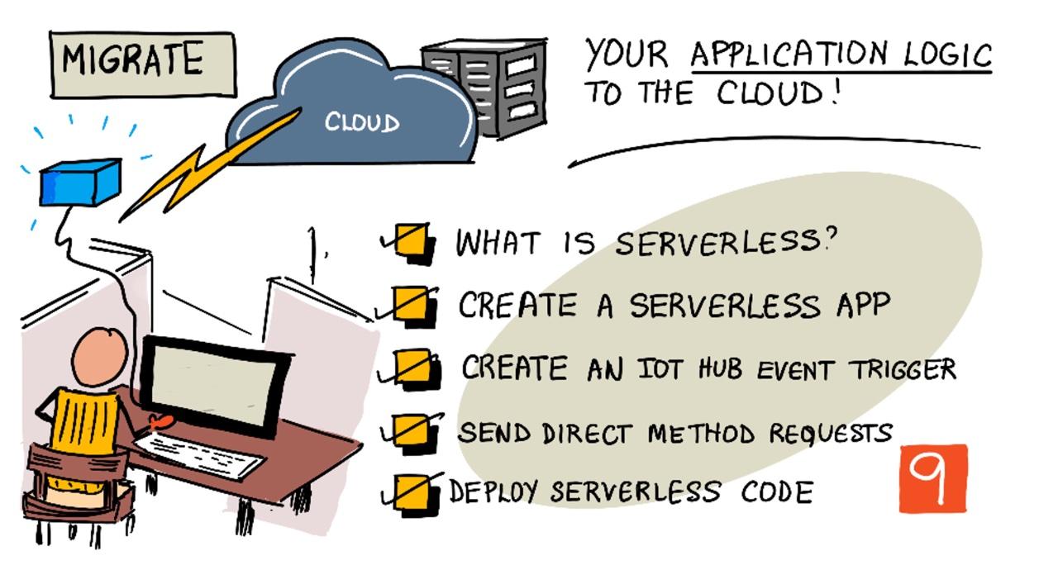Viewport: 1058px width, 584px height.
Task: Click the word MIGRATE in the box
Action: [x=133, y=59]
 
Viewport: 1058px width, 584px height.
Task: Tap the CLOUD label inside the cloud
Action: [x=362, y=123]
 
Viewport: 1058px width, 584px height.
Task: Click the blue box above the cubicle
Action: [x=80, y=183]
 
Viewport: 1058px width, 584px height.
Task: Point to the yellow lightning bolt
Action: [x=207, y=165]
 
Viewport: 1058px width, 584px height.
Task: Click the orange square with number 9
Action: [x=933, y=478]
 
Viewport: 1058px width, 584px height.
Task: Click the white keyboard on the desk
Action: [x=198, y=456]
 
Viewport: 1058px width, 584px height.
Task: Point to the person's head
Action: [x=100, y=358]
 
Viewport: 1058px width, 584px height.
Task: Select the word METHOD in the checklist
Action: [x=702, y=434]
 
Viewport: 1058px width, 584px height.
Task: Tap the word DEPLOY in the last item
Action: [x=494, y=491]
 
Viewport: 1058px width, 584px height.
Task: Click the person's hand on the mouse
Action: [x=160, y=421]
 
